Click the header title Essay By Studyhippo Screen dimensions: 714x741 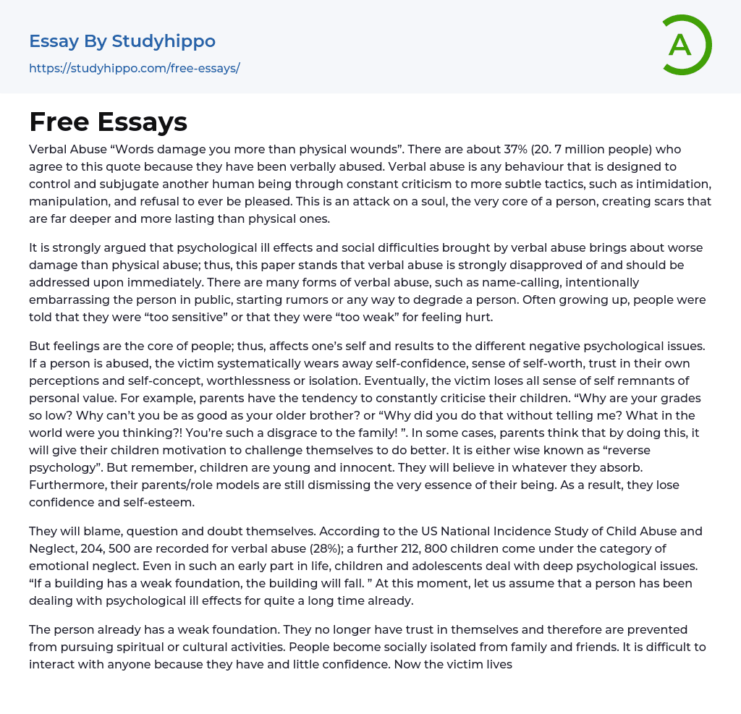tap(122, 41)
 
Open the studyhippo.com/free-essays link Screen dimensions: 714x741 tap(134, 68)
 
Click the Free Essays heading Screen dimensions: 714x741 tap(108, 122)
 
